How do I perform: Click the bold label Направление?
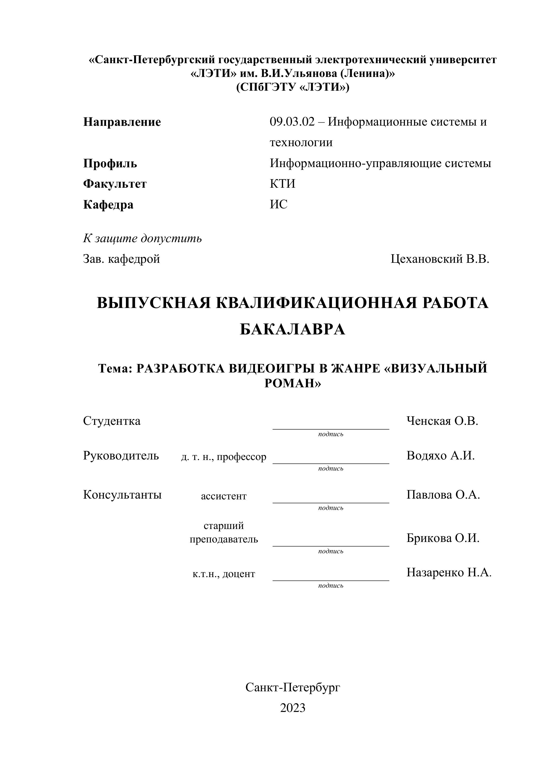(x=122, y=122)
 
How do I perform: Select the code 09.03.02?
(x=292, y=122)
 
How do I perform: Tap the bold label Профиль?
(x=110, y=164)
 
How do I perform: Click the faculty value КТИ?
(x=282, y=184)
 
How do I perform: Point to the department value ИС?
(x=279, y=204)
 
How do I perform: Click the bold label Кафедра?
(x=108, y=205)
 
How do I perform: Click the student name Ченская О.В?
(x=442, y=421)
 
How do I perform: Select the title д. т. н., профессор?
(x=224, y=457)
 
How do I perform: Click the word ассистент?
(x=224, y=496)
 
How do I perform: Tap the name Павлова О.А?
(x=443, y=495)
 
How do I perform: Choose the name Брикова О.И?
(x=443, y=538)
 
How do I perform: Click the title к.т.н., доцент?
(x=224, y=574)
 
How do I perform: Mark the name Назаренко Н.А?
(x=449, y=572)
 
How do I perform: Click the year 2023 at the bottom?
(x=292, y=708)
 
